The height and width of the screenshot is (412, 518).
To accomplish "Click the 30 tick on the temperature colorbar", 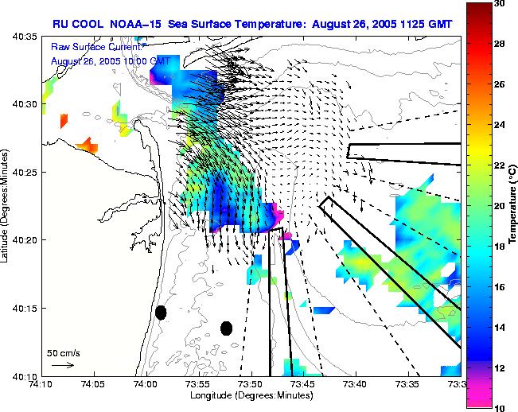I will click(x=500, y=4).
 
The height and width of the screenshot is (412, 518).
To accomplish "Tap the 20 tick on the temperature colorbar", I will click(x=500, y=205).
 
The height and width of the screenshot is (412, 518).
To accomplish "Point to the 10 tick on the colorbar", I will click(x=500, y=407).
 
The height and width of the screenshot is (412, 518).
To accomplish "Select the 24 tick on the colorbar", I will click(x=500, y=125).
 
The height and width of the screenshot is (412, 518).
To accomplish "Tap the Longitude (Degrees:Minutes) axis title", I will click(x=250, y=394).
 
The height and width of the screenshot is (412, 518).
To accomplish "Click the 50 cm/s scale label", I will click(x=63, y=352).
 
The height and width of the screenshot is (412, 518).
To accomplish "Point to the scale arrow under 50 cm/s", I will click(x=63, y=365).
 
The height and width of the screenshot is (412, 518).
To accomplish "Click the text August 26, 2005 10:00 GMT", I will click(x=110, y=61).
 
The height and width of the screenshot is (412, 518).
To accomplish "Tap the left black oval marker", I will click(x=161, y=313).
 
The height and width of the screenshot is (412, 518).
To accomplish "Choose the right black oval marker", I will click(x=226, y=328).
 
